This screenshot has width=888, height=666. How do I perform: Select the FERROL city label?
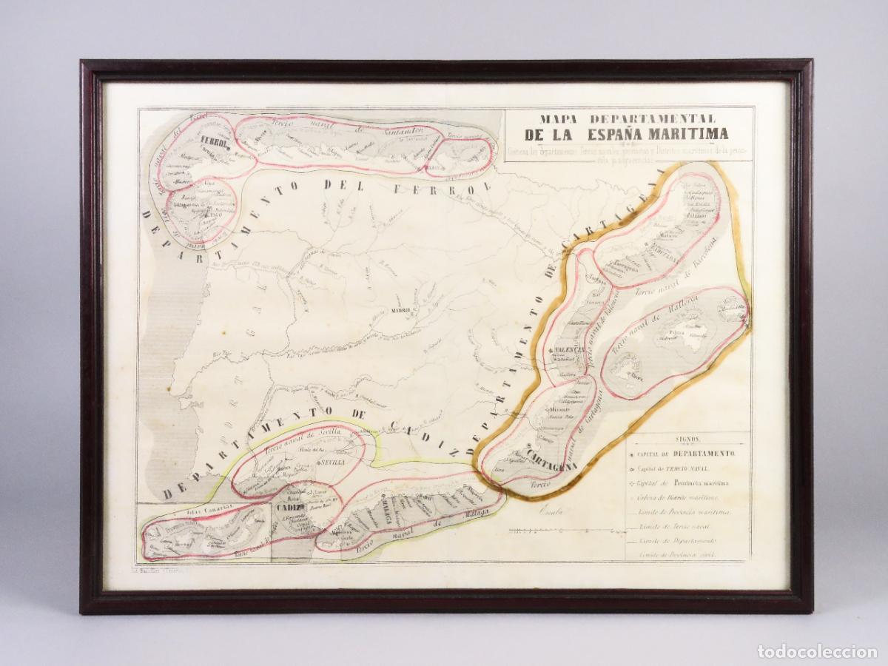(211, 142)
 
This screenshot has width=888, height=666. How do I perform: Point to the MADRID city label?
(400, 310)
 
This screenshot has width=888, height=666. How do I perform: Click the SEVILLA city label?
(335, 461)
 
